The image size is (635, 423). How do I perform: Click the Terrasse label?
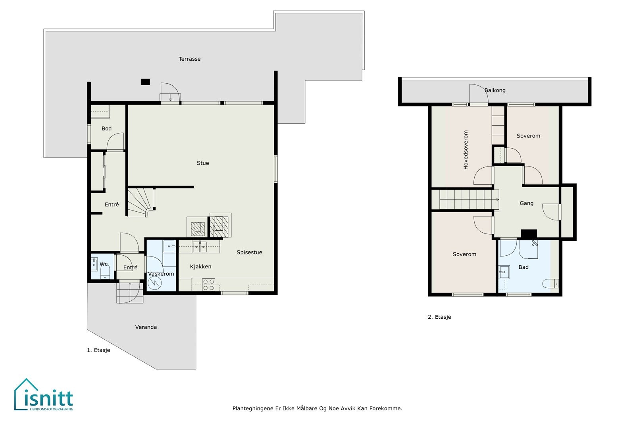189,59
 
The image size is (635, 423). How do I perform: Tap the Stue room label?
203,163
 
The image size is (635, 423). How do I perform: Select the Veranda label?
146,327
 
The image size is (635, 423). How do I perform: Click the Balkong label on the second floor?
495,90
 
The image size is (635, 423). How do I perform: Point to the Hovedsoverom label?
466,150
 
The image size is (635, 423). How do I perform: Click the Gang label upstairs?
526,203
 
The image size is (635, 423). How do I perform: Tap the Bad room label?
523,267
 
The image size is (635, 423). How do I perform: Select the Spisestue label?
249,252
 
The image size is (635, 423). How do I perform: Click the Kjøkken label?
200,266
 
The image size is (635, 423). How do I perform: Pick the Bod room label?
107,128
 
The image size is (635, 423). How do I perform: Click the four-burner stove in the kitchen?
208,285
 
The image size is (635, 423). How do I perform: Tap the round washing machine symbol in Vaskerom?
155,283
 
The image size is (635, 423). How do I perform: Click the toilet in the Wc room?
105,272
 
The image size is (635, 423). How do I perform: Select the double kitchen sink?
200,247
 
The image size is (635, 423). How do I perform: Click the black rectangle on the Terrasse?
145,82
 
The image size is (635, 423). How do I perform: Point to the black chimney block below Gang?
529,234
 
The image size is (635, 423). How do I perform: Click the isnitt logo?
44,394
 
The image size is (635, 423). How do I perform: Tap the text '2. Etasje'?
439,317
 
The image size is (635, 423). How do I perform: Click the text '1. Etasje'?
98,350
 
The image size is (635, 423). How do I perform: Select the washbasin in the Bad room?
504,272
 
